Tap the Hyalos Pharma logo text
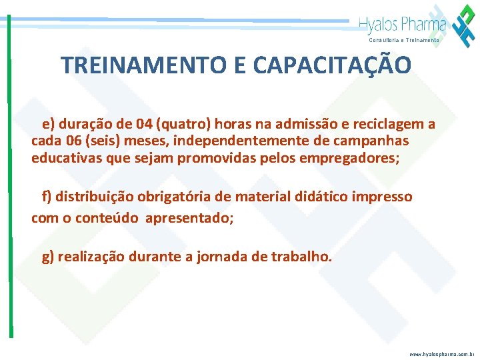(x=403, y=25)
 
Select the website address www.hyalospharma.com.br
(x=442, y=354)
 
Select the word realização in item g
(x=90, y=257)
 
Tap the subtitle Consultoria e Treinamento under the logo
(x=404, y=41)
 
